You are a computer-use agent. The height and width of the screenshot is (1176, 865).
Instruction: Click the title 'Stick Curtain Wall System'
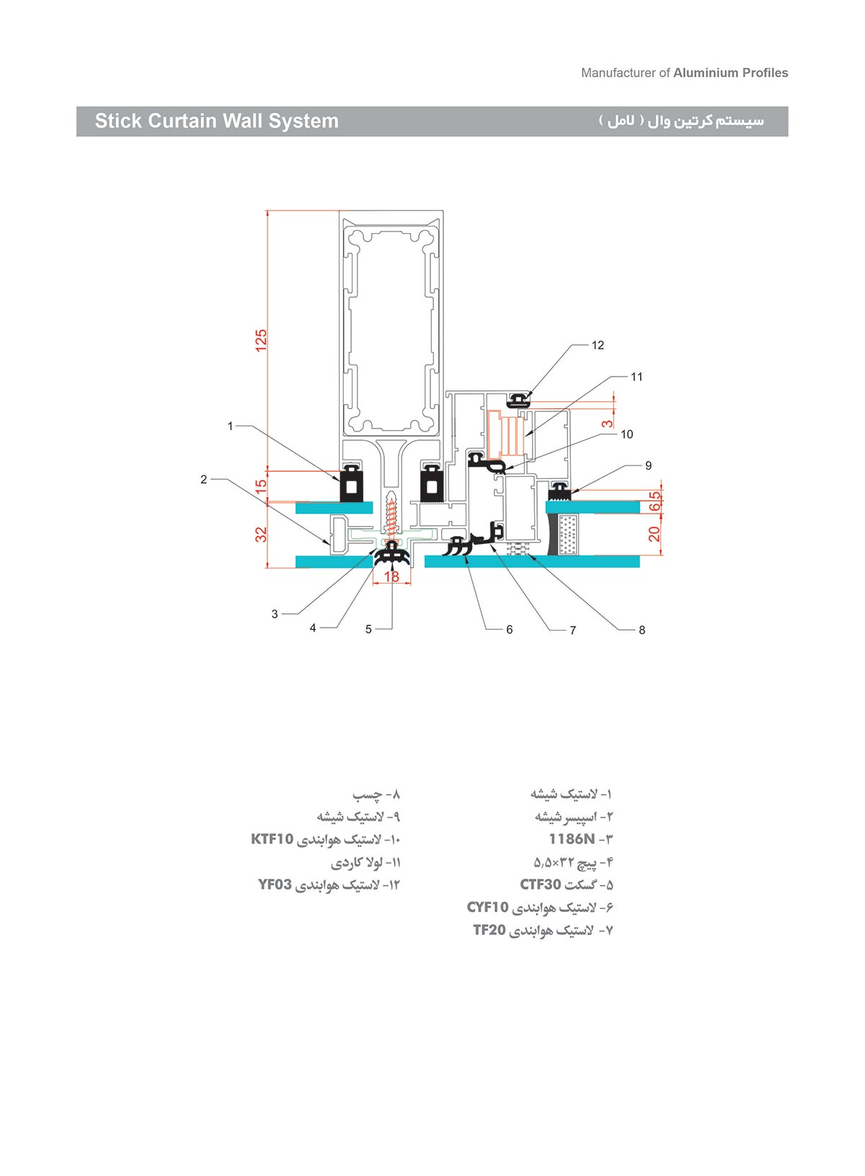pos(216,121)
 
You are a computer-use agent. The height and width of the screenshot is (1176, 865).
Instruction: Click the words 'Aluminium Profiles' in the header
pos(730,73)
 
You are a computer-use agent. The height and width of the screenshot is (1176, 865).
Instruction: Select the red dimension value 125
pos(261,341)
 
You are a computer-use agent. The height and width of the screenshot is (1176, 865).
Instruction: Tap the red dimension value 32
pos(261,535)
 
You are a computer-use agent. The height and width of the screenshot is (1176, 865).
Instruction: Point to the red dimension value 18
pos(391,576)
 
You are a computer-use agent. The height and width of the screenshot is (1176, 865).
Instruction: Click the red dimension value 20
pos(654,534)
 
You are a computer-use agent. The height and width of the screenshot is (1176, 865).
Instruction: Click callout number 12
pos(598,346)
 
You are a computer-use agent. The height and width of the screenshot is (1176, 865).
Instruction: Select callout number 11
pos(636,377)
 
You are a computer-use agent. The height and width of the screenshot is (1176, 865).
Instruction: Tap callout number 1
pos(231,426)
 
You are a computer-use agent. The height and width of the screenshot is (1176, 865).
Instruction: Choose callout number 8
pos(642,631)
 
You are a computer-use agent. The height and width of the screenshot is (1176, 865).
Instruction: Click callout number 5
pos(368,630)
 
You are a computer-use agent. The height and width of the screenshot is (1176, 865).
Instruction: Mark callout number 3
pos(275,615)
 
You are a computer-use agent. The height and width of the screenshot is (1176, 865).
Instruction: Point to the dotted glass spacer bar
pos(569,535)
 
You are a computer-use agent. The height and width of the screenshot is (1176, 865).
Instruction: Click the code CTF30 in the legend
pos(541,885)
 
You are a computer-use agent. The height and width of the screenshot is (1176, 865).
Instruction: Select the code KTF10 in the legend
pos(272,839)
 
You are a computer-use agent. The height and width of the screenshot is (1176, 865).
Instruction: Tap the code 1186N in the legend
pos(572,839)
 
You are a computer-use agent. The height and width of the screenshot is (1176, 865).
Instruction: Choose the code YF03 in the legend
pos(275,885)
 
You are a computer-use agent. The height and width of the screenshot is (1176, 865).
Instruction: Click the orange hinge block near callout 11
pos(504,434)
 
